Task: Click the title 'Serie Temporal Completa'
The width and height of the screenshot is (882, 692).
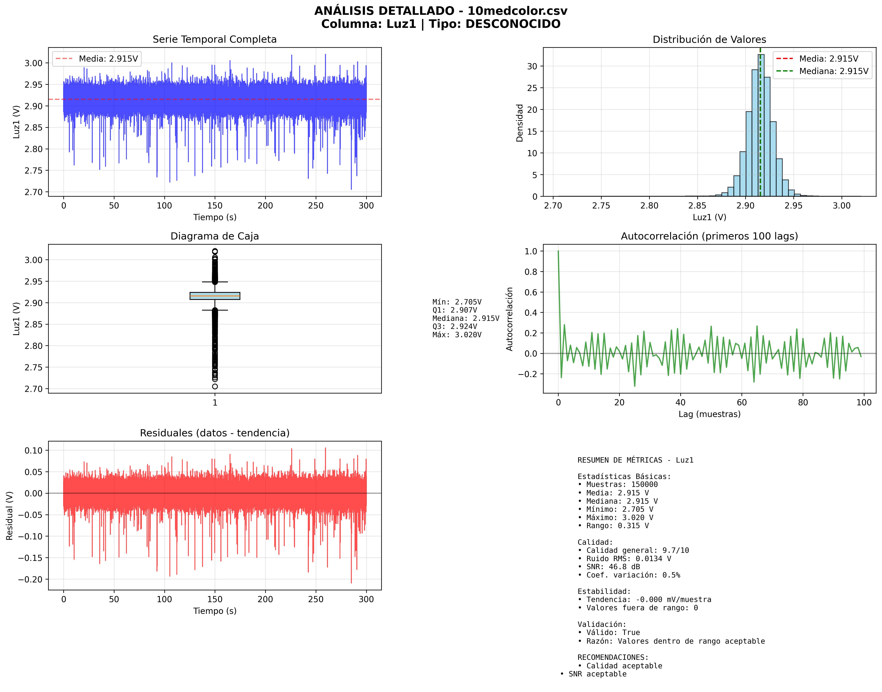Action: pyautogui.click(x=215, y=39)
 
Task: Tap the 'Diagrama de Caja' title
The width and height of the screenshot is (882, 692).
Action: pyautogui.click(x=215, y=236)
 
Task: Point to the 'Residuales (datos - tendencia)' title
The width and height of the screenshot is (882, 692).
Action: pyautogui.click(x=215, y=433)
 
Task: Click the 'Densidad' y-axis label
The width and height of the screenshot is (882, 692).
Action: pyautogui.click(x=520, y=123)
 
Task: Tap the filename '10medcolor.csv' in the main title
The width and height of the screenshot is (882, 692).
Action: pyautogui.click(x=517, y=11)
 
